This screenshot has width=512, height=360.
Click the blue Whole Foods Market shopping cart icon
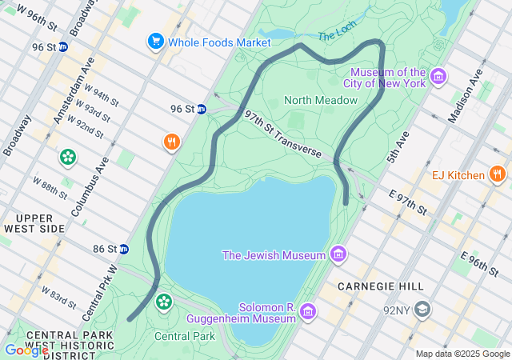(x=154, y=41)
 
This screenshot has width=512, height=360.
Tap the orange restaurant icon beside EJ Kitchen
(x=497, y=174)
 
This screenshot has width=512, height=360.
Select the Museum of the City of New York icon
(x=438, y=77)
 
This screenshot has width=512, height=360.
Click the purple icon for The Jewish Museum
(x=338, y=255)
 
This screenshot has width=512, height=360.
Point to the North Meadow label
(x=321, y=100)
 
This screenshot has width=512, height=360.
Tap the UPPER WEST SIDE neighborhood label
(x=34, y=223)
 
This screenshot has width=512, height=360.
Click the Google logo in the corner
(x=26, y=350)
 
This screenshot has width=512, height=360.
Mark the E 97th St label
(x=408, y=202)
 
